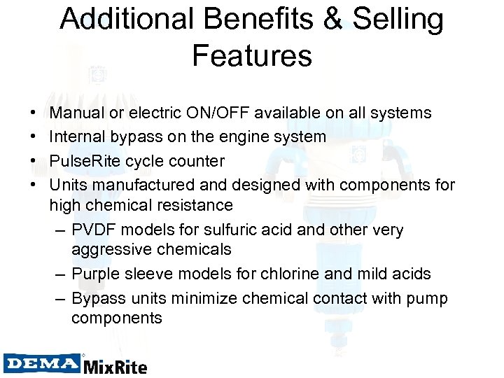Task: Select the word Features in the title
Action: [252, 55]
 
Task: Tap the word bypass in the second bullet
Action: [141, 137]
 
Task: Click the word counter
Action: [199, 161]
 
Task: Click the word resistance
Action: [194, 205]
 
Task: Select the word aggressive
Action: [111, 250]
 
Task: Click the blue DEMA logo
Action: [41, 363]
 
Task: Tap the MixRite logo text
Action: [115, 366]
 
